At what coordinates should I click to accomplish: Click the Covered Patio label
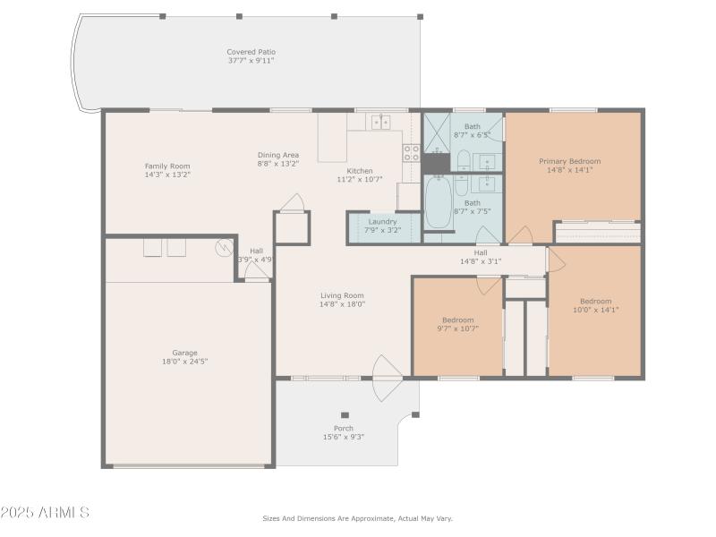[x=251, y=52]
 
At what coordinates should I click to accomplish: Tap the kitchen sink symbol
[x=380, y=123]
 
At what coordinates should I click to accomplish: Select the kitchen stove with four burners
[x=411, y=152]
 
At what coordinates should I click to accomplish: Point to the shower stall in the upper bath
[x=436, y=132]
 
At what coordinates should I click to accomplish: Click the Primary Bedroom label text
[x=569, y=161]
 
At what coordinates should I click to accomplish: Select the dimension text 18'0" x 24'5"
[x=184, y=362]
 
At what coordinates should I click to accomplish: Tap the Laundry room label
[x=382, y=221]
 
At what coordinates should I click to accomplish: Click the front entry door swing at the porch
[x=388, y=377]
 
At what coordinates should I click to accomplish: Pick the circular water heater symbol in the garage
[x=223, y=248]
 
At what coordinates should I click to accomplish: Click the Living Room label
[x=342, y=295]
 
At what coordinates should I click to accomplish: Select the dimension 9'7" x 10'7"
[x=457, y=328]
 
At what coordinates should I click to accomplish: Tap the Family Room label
[x=167, y=166]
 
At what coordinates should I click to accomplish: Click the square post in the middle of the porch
[x=344, y=415]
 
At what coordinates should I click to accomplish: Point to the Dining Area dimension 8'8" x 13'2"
[x=278, y=164]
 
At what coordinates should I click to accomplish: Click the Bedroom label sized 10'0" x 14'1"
[x=595, y=301]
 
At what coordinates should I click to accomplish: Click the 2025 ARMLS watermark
[x=45, y=513]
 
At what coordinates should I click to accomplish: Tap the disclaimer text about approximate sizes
[x=357, y=518]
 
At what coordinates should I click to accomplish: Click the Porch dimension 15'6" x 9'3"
[x=344, y=437]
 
